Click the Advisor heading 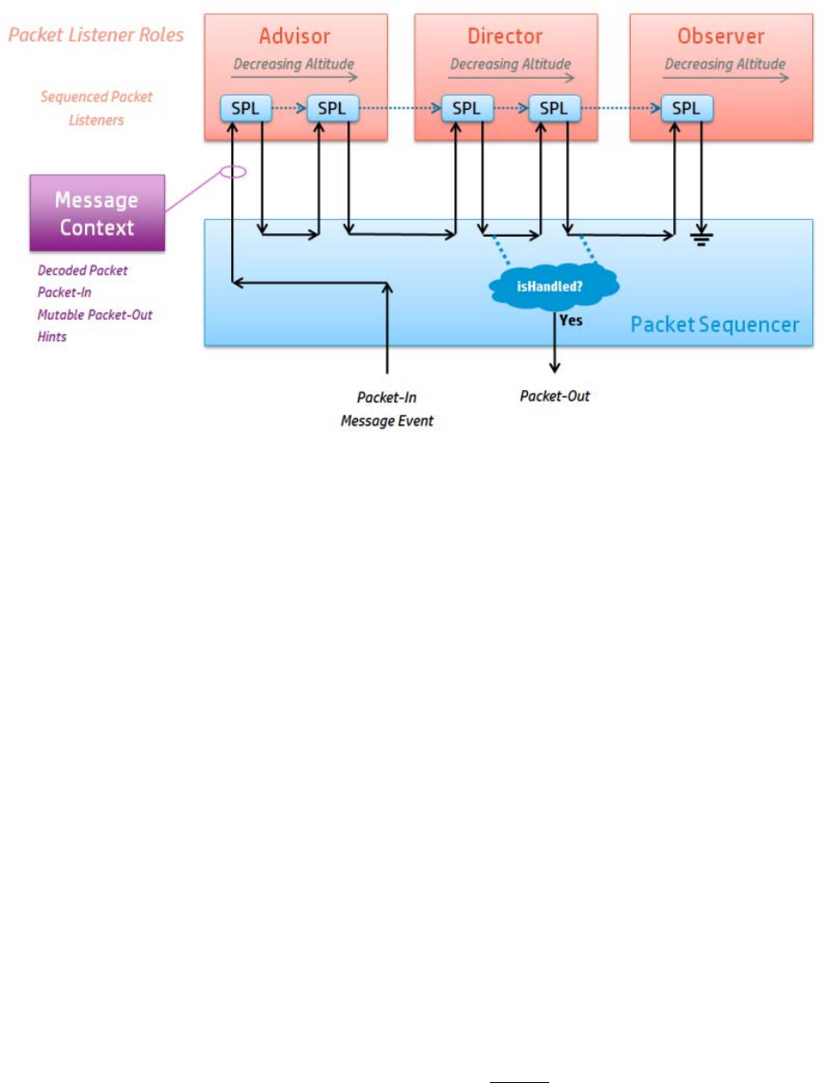[x=295, y=36]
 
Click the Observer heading [x=721, y=36]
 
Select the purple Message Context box [x=97, y=213]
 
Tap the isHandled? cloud [x=555, y=284]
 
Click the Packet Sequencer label [x=714, y=324]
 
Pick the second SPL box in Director [x=554, y=109]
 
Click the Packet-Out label [x=555, y=396]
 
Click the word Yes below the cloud [x=571, y=320]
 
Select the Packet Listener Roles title [x=96, y=36]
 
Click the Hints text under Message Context [x=51, y=337]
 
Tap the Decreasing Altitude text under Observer [x=725, y=64]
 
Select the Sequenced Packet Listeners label [x=96, y=107]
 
